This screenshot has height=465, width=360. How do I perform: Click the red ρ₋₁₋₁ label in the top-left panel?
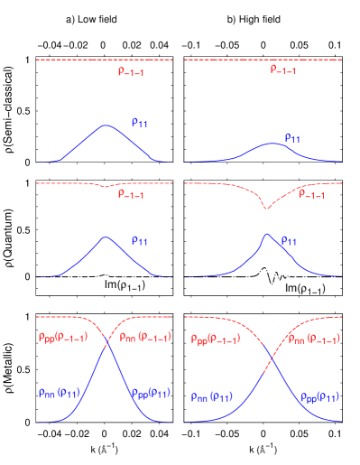tap(131, 70)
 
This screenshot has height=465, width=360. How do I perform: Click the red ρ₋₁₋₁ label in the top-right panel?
tap(283, 70)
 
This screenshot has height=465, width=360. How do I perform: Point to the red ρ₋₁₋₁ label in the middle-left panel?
tap(131, 194)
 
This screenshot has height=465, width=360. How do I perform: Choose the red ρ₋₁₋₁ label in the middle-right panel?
tap(312, 195)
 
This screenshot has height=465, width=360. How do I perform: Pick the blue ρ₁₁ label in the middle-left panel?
tap(140, 241)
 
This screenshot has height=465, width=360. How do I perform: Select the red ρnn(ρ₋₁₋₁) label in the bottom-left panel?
tap(141, 339)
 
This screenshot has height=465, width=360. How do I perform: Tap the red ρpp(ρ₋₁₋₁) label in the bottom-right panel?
tap(215, 339)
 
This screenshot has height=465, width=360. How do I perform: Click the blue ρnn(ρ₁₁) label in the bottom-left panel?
tap(60, 394)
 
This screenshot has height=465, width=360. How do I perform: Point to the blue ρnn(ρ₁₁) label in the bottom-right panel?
tap(212, 397)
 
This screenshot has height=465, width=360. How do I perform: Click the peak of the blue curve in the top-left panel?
tap(106, 125)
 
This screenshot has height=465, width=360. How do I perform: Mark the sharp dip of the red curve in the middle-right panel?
tap(265, 208)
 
